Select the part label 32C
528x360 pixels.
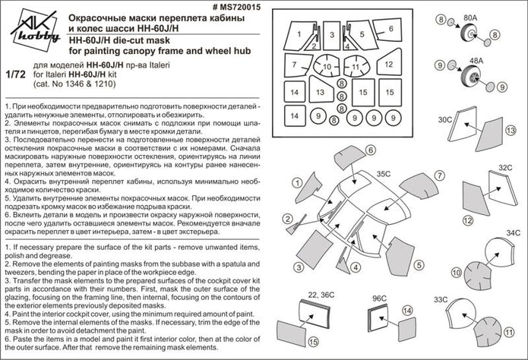click(x=506, y=166)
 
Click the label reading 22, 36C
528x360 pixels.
click(x=324, y=292)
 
